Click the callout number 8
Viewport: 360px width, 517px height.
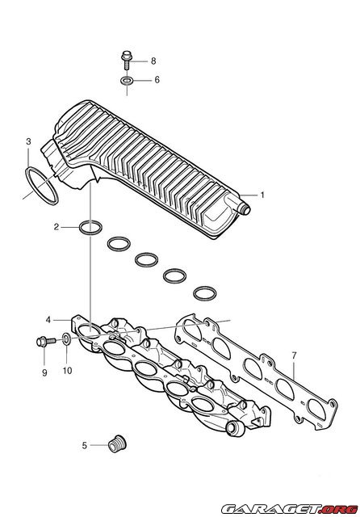[153, 61]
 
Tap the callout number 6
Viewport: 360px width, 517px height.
[157, 80]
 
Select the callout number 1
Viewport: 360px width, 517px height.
[262, 195]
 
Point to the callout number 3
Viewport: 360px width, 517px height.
[29, 141]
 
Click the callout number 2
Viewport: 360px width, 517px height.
[57, 227]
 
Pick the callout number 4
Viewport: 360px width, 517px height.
[48, 320]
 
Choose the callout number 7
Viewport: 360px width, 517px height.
[294, 355]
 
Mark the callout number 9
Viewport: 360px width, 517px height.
[44, 372]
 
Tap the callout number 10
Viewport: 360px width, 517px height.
[67, 371]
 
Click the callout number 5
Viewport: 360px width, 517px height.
[84, 445]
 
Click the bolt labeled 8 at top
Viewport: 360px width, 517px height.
[127, 60]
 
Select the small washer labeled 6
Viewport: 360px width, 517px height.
[127, 80]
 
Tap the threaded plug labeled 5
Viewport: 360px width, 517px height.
[117, 443]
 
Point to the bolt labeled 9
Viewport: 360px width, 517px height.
[46, 341]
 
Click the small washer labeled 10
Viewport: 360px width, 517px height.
[66, 338]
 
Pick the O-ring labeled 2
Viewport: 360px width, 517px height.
[90, 228]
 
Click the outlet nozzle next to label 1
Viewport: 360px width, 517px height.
[245, 208]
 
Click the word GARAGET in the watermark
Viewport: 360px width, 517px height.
[271, 508]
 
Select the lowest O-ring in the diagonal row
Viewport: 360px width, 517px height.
[205, 293]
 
